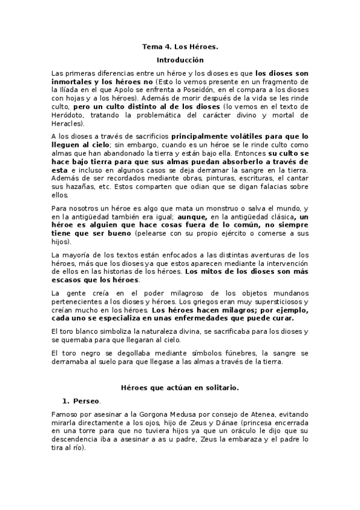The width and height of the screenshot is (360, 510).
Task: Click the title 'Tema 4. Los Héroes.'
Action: coord(180,46)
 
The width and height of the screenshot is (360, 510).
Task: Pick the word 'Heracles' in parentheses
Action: coord(66,123)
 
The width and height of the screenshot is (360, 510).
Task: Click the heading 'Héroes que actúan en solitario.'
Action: coord(180,388)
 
